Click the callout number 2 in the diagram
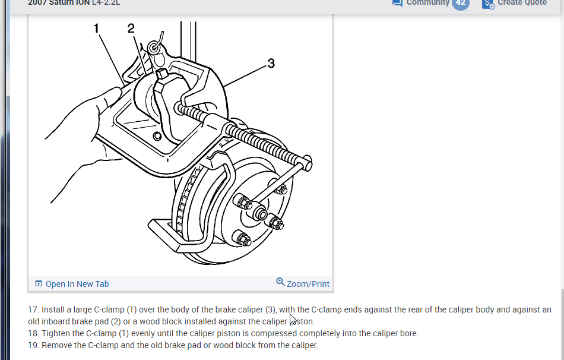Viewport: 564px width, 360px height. [131, 29]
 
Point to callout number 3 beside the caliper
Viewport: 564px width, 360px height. [271, 63]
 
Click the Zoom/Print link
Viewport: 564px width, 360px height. [308, 284]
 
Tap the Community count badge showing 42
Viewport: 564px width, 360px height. [460, 3]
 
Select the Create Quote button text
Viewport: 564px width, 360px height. [522, 3]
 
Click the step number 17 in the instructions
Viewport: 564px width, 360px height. [33, 310]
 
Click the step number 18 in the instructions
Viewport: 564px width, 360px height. [33, 333]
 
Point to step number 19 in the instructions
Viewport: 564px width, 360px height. [33, 345]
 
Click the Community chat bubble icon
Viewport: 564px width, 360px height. [397, 3]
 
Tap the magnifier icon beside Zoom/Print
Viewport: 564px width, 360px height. [280, 282]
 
